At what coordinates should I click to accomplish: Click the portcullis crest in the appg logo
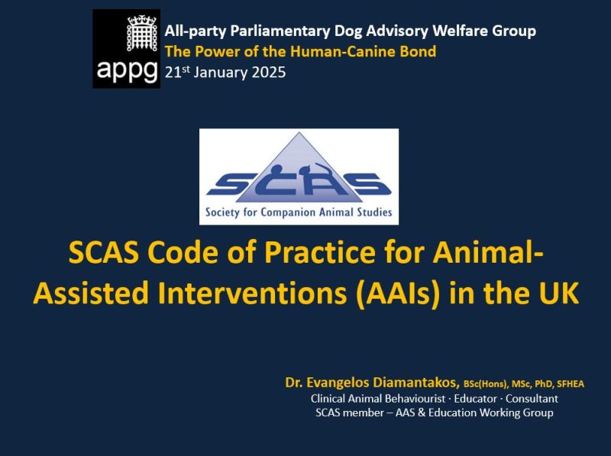[x=141, y=34]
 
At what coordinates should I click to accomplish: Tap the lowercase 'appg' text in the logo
[x=127, y=70]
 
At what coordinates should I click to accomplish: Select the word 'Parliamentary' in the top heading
[x=280, y=31]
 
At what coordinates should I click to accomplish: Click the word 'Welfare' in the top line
[x=460, y=31]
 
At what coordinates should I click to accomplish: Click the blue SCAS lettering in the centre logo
[x=299, y=183]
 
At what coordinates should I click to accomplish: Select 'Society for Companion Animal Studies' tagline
[x=299, y=212]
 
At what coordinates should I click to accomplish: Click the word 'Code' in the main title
[x=182, y=253]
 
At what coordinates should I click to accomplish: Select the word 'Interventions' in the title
[x=252, y=293]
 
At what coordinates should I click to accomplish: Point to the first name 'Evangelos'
[x=338, y=383]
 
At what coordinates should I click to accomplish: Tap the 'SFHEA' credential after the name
[x=571, y=384]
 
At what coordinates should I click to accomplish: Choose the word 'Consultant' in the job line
[x=532, y=399]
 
